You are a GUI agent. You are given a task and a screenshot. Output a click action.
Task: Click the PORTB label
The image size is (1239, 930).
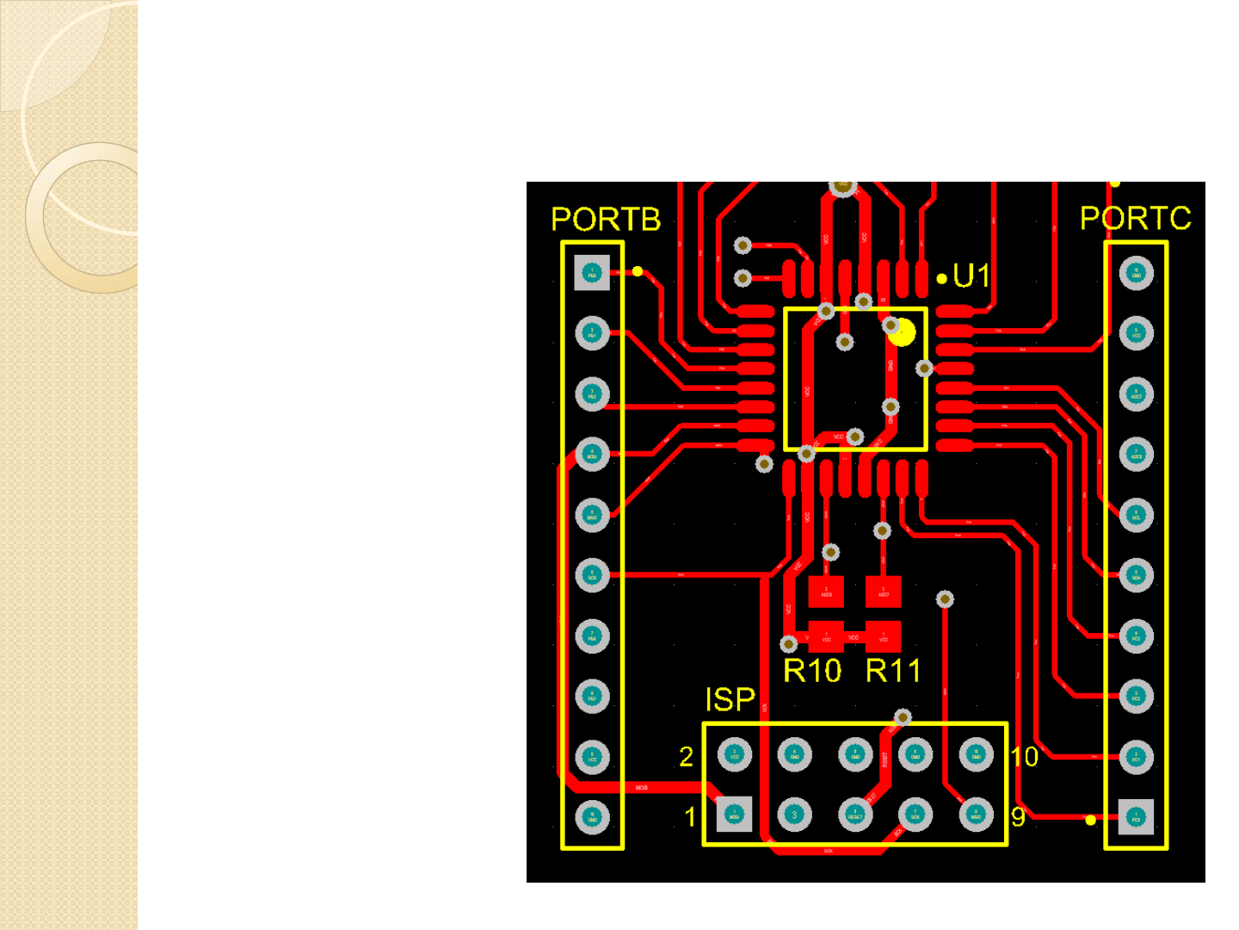pos(606,220)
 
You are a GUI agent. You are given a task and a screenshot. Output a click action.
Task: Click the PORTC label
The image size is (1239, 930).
pos(1135,218)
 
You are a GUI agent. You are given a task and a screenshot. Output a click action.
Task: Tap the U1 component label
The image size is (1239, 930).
pos(971,276)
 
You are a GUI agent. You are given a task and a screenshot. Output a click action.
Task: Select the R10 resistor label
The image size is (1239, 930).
pos(811,671)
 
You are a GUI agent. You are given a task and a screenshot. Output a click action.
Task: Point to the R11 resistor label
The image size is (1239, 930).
pos(893,671)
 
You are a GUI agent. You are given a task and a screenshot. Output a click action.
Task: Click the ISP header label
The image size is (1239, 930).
pos(730,700)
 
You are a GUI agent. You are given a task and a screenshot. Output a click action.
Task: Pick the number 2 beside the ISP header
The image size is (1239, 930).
pos(686,756)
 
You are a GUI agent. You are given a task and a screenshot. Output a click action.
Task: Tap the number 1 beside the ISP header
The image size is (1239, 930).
pos(689,816)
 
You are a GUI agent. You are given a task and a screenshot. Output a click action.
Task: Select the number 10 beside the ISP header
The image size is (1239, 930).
pos(1025,756)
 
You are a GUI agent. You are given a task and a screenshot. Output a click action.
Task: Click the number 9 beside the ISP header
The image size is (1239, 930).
pos(1018,816)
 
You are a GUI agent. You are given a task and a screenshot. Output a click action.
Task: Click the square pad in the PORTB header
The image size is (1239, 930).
pos(592,273)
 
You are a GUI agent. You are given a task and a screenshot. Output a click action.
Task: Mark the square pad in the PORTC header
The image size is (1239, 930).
pos(1136,816)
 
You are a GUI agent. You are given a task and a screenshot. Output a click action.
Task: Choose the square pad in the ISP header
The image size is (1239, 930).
pos(734,815)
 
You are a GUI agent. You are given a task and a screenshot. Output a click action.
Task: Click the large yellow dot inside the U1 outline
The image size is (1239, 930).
pos(903,332)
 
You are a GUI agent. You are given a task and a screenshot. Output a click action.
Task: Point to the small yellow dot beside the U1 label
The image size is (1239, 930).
pos(942,278)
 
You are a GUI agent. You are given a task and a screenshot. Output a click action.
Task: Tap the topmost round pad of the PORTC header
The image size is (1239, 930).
pos(1136,273)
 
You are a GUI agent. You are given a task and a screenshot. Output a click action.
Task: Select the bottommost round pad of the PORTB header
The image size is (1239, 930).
pos(592,817)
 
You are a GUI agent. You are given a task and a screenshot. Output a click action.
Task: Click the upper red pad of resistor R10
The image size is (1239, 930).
pos(826,592)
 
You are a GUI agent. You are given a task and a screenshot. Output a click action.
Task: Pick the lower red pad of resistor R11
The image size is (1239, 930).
pos(883,637)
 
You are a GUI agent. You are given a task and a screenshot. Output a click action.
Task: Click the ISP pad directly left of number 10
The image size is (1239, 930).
pos(976,755)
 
